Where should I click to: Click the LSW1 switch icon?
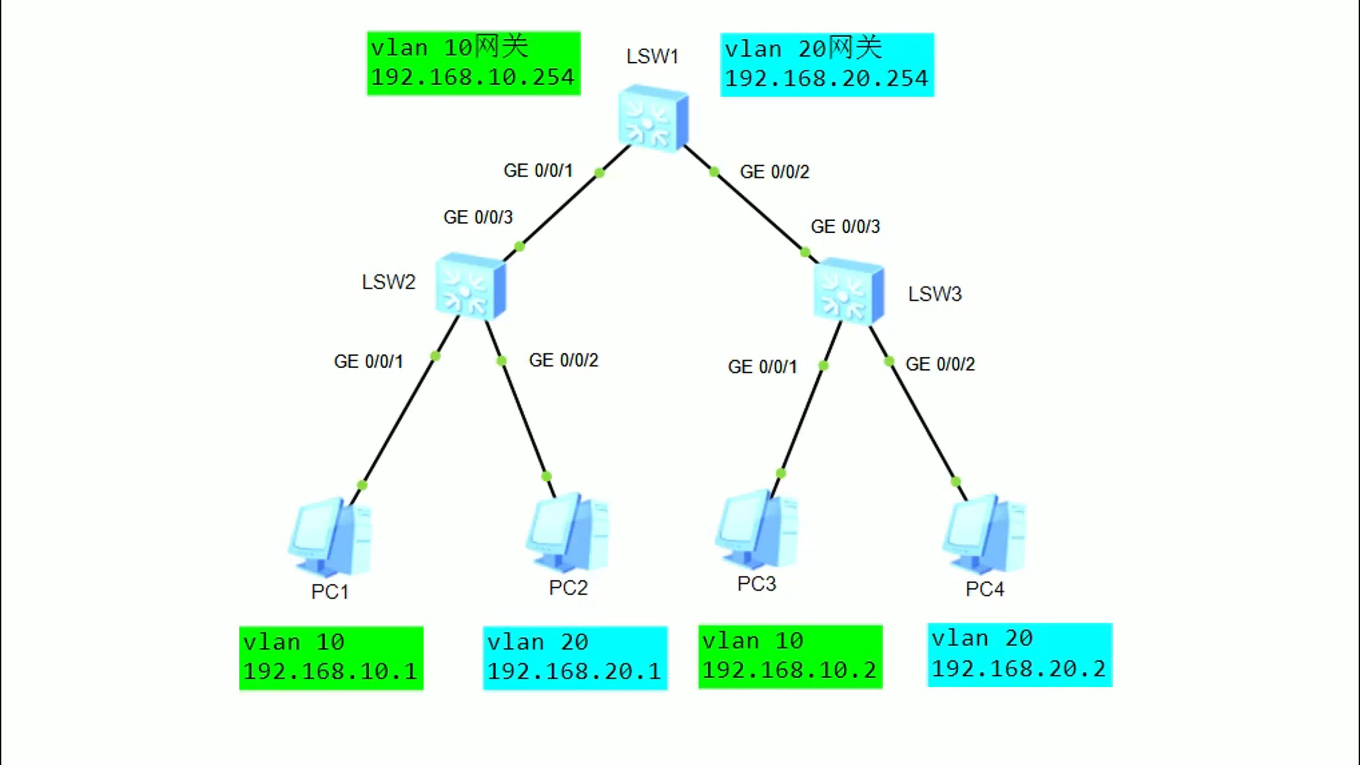coord(653,118)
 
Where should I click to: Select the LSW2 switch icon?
coord(470,286)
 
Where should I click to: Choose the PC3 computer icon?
coord(756,529)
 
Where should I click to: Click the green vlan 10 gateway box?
coord(474,63)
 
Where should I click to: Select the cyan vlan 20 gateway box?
coord(827,64)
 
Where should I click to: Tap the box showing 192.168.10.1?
coord(331,658)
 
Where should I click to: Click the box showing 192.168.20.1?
coord(575,658)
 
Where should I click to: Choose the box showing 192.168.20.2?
coord(1020,654)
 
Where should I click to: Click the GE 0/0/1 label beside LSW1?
coord(538,170)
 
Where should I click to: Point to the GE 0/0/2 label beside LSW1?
coord(775,171)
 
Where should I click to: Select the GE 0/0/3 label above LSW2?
coord(478,217)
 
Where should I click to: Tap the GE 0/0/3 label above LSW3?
coord(845,227)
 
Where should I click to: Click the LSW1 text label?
coord(652,57)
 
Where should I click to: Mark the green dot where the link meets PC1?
coord(362,484)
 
